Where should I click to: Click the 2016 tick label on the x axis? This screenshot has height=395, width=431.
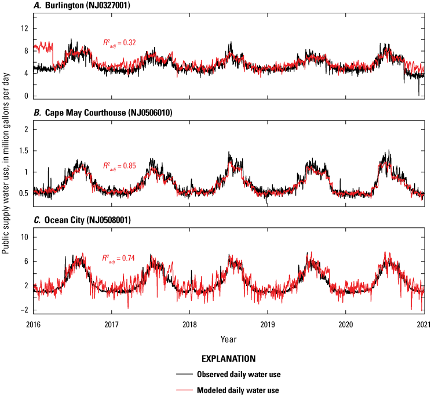34,325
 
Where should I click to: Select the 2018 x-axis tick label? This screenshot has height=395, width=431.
189,325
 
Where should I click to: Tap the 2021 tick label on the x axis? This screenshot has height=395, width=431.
423,325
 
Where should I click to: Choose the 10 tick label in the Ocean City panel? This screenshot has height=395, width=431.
24,237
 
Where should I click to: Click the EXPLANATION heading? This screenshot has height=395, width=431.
228,359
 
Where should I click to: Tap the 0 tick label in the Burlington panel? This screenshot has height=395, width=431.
25,96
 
